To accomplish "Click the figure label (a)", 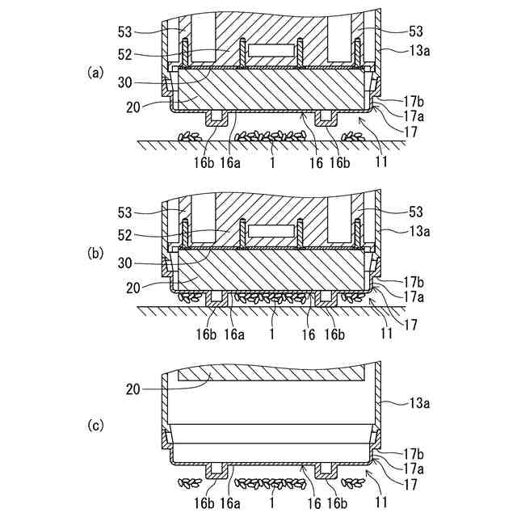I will [95, 72].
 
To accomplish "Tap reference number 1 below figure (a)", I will [273, 163].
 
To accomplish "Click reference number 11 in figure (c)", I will [383, 503].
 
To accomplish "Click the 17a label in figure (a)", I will [414, 115].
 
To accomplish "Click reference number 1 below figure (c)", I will [273, 503].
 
